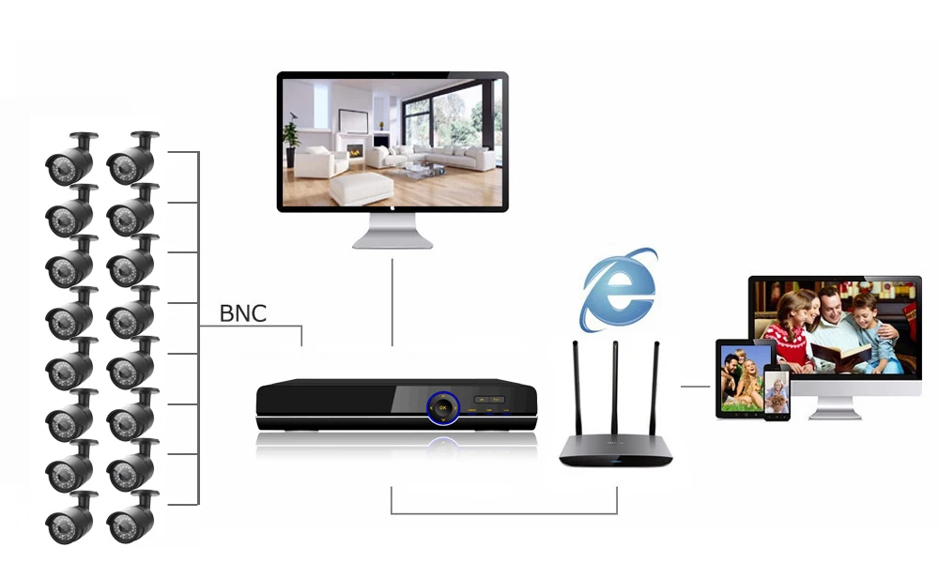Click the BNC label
pos(243,313)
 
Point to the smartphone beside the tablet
pos(777,393)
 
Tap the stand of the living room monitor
pos(393,230)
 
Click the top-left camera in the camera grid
pos(71,160)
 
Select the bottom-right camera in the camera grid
pos(131,517)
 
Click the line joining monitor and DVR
pos(393,300)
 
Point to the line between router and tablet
pos(695,386)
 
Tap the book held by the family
pos(839,355)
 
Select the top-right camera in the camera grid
pos(131,160)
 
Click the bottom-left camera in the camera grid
pos(71,517)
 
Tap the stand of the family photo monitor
pos(834,406)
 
